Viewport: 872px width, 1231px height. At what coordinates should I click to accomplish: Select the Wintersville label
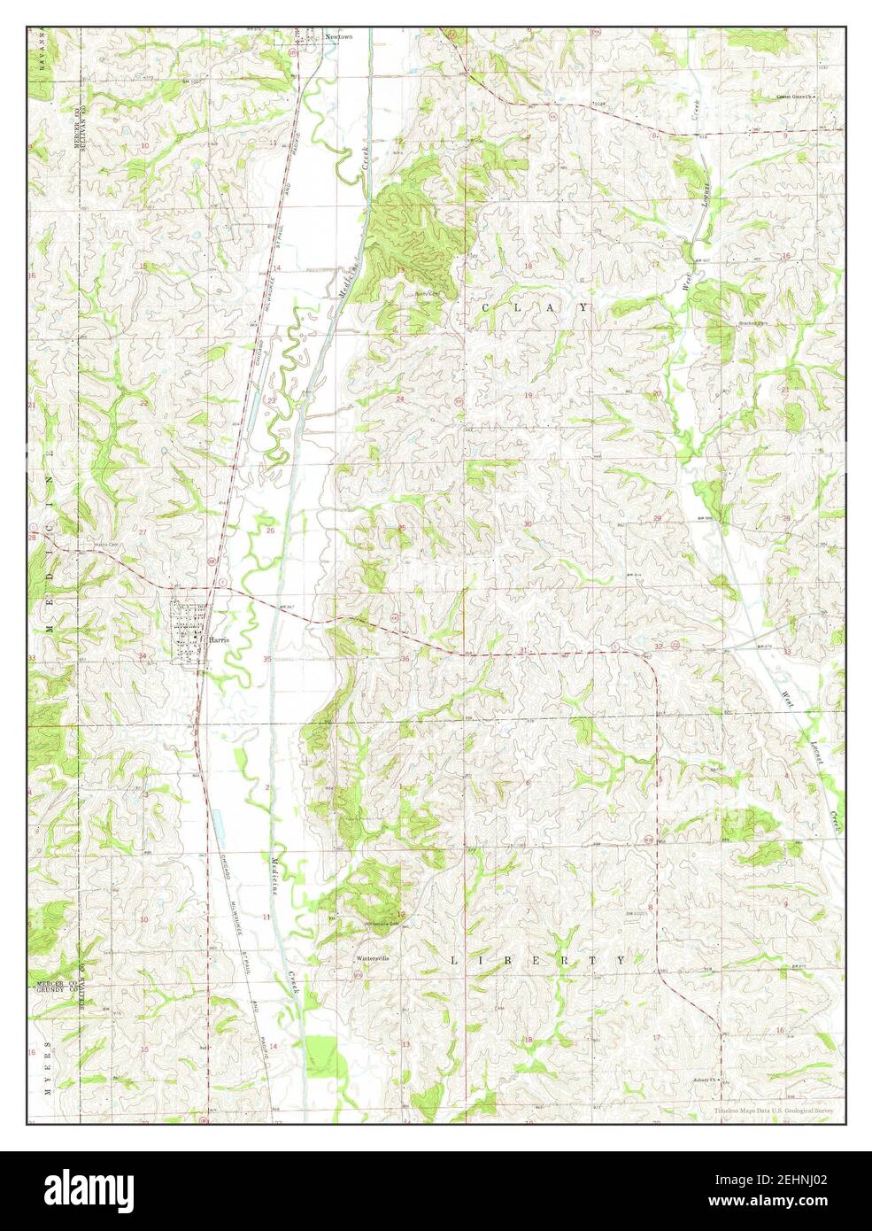tap(373, 958)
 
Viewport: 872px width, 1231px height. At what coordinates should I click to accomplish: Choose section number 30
tap(528, 524)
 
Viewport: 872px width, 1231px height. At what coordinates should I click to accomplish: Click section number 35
tap(267, 658)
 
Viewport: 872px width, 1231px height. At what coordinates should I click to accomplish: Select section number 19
tap(529, 395)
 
